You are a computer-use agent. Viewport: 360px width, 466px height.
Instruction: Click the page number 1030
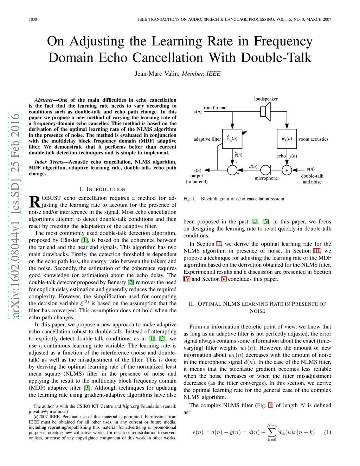tap(33, 19)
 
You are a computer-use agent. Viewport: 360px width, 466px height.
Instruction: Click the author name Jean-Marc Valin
tap(157, 74)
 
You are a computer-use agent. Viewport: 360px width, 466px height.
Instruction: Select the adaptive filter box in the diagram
tap(232, 139)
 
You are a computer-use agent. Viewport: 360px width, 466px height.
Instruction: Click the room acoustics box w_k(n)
tap(287, 139)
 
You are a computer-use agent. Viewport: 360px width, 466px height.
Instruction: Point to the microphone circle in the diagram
tap(265, 170)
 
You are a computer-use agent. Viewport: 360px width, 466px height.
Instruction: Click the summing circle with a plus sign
tap(287, 170)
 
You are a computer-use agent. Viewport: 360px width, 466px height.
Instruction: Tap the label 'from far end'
tap(214, 108)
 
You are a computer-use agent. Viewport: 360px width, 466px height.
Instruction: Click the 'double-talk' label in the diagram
tap(312, 176)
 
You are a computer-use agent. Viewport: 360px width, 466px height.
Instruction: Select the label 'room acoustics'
tap(314, 139)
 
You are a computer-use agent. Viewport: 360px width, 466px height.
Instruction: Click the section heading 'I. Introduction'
tap(102, 189)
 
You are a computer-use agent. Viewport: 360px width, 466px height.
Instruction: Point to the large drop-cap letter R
tap(34, 202)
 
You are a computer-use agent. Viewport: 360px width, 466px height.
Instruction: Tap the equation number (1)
tap(327, 432)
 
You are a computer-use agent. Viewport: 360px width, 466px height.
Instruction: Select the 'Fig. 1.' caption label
tap(190, 199)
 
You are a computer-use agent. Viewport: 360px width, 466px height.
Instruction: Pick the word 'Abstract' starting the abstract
tap(43, 100)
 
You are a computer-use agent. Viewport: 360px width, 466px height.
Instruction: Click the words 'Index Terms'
tap(49, 162)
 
